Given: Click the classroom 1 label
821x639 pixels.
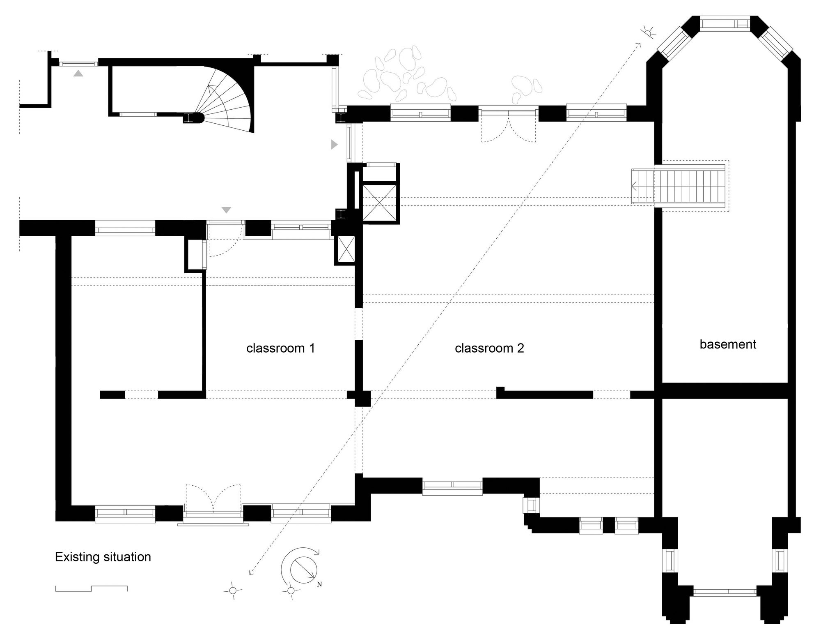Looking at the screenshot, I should click(280, 348).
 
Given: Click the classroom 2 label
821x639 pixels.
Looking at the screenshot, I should click(489, 348).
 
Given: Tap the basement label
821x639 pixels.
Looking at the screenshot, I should click(727, 344).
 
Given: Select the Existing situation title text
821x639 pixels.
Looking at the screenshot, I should click(103, 557).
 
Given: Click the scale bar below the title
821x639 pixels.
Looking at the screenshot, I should click(91, 588).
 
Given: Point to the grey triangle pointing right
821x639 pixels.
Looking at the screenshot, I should click(334, 144).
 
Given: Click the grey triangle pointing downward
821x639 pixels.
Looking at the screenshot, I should click(226, 210).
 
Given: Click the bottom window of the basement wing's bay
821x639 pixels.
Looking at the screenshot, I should click(725, 592).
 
